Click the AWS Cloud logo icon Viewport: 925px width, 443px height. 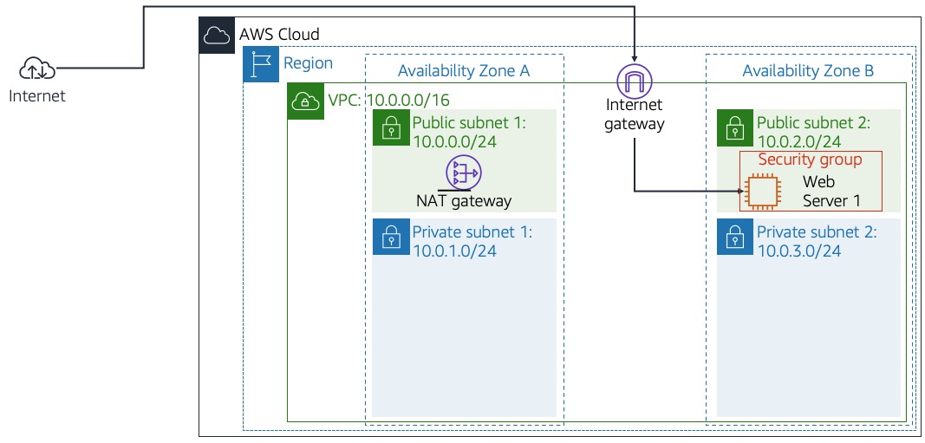216,36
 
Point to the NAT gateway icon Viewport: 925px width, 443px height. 463,173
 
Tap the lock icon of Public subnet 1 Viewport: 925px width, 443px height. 391,127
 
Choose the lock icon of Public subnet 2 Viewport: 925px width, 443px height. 735,127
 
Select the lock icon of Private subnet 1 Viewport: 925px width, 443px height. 391,237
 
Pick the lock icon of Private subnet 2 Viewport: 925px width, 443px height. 735,237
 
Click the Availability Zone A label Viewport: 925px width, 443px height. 463,71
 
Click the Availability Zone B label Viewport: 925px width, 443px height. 808,71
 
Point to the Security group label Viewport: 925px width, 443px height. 810,160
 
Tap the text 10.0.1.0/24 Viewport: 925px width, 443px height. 454,251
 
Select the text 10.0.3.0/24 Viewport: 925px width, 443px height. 798,251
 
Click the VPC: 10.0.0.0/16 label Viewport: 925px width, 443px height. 388,101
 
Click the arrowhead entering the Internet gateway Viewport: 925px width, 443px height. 634,59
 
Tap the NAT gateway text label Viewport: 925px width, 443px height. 464,201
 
